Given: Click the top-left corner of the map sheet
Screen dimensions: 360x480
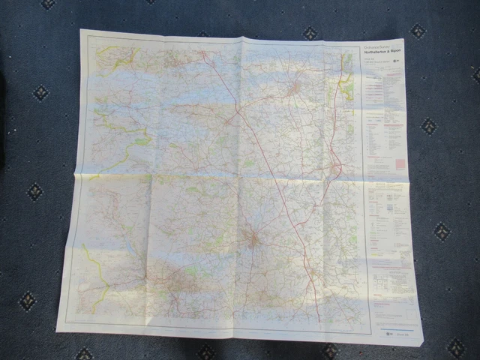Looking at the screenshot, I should click(81, 30).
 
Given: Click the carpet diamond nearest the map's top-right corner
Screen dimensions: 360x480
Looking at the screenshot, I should click(418, 31).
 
